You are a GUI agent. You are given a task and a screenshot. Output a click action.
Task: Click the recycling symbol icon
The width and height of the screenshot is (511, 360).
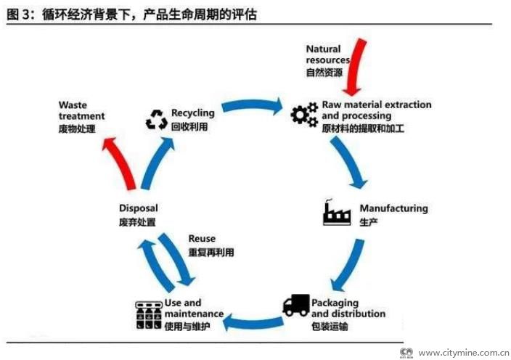[x=156, y=119]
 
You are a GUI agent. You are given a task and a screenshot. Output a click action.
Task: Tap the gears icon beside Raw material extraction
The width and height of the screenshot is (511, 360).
[x=304, y=115]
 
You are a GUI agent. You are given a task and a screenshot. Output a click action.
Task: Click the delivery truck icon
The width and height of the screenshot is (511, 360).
[x=295, y=305]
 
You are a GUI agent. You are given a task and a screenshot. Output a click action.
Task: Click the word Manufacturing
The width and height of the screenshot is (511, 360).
[x=393, y=208]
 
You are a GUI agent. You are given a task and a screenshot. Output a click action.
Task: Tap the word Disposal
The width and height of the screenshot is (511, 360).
[x=138, y=208]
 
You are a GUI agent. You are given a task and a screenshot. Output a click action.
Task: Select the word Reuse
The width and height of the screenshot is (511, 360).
[x=202, y=239]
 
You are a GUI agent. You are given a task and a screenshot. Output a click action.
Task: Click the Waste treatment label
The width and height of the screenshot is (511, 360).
[x=81, y=110]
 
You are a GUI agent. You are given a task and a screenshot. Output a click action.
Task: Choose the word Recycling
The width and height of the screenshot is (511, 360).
[x=192, y=113]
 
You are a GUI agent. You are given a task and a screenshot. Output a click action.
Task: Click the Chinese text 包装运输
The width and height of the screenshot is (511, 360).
[x=330, y=326]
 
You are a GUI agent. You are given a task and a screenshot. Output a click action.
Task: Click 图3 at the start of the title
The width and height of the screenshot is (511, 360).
[x=19, y=15]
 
